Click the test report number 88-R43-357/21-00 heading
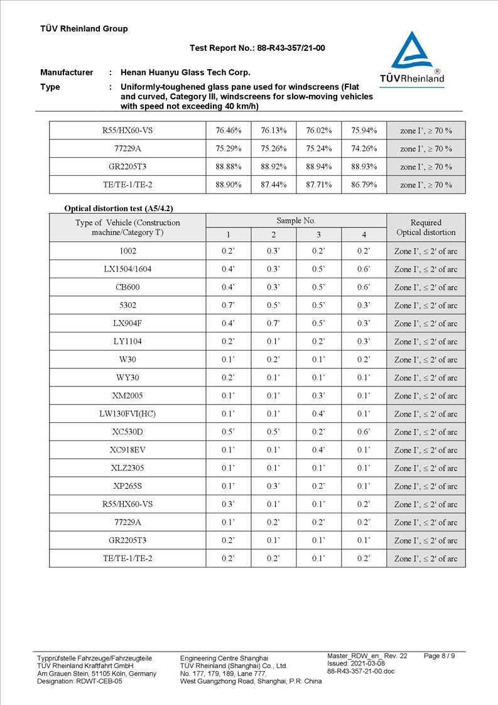pyautogui.click(x=257, y=48)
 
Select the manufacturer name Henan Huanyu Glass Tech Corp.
pyautogui.click(x=185, y=72)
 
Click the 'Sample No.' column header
pyautogui.click(x=296, y=221)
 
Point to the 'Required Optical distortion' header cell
pyautogui.click(x=426, y=227)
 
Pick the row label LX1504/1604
pyautogui.click(x=127, y=269)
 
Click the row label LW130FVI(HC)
pyautogui.click(x=127, y=414)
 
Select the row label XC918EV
pyautogui.click(x=127, y=450)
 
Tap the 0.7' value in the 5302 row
pyautogui.click(x=228, y=305)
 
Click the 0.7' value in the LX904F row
pyautogui.click(x=273, y=324)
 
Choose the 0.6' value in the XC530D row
pyautogui.click(x=364, y=432)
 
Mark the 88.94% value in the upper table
pyautogui.click(x=318, y=167)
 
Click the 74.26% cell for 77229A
pyautogui.click(x=364, y=149)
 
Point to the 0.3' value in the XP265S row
pyautogui.click(x=273, y=486)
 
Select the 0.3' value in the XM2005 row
pyautogui.click(x=318, y=396)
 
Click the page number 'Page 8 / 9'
pyautogui.click(x=440, y=656)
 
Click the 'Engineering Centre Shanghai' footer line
pyautogui.click(x=224, y=658)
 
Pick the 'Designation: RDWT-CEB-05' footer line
pyautogui.click(x=80, y=681)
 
